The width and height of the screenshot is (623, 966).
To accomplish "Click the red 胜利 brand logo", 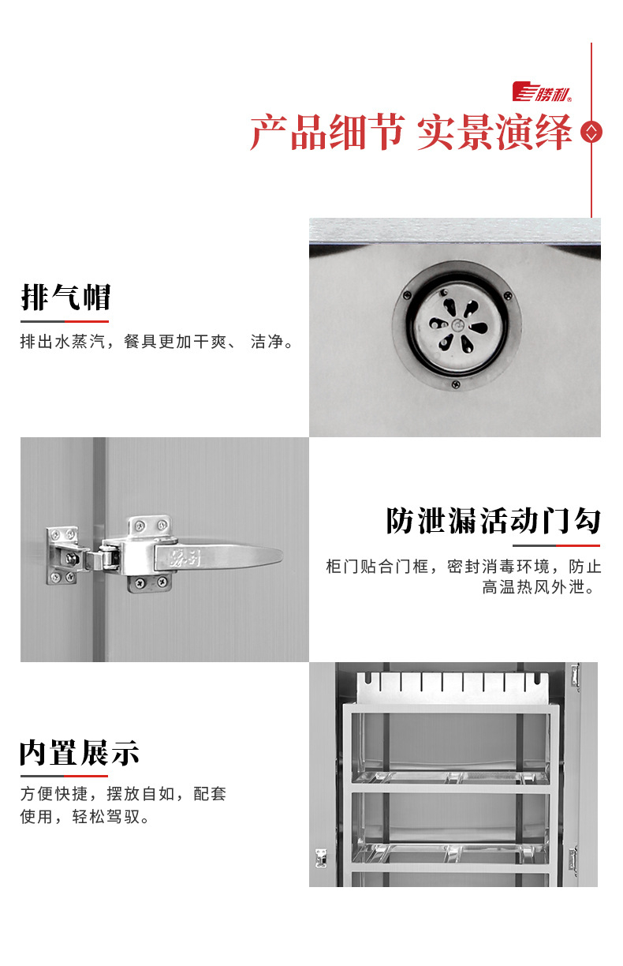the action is point(542,92).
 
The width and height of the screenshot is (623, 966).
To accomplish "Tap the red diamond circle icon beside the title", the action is point(591,132).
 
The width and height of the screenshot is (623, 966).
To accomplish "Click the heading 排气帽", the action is point(66,297).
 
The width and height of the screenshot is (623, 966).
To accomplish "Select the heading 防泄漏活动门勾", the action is point(493,521).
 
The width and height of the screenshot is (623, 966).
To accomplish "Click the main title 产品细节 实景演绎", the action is point(411,132).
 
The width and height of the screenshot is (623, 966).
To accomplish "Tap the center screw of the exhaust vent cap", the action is point(457,324).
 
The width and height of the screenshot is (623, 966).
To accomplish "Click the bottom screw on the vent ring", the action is point(455,384).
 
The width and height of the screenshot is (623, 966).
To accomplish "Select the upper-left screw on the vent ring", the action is point(406,295).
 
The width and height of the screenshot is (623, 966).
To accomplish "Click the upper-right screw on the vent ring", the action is point(508,296).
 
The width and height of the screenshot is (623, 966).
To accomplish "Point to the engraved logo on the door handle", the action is point(185,559).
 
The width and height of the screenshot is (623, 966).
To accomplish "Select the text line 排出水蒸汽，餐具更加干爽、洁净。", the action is point(157,342).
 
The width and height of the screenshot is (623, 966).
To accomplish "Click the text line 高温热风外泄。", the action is point(539,587).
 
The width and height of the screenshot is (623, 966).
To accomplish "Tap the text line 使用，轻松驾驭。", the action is point(84,816).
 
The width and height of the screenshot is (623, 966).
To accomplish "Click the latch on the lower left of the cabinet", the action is point(320,858).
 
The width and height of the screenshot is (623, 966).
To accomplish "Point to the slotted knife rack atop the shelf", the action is point(453,687).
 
